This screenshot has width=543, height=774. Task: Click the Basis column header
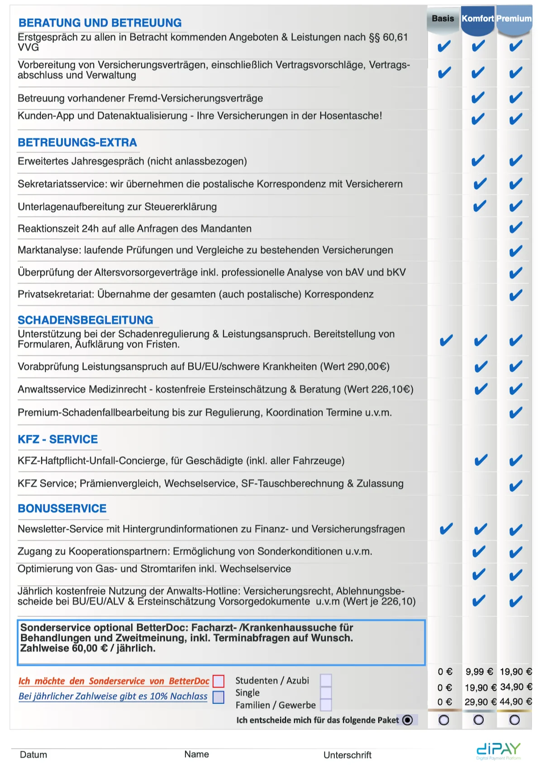443,19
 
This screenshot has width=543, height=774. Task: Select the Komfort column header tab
477,19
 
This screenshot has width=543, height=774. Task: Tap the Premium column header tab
514,19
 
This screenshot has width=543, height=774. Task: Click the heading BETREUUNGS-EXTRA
77,143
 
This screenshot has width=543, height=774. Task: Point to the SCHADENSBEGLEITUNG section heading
86,320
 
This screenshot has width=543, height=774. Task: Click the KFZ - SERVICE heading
58,440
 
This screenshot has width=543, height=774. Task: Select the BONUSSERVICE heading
62,509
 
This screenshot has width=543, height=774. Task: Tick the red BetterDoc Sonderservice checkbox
219,681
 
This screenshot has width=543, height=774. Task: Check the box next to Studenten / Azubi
326,680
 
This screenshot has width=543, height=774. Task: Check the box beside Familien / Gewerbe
326,705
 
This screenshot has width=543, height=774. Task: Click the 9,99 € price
479,672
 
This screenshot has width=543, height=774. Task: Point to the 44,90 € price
515,702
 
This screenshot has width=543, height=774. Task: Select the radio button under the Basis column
444,720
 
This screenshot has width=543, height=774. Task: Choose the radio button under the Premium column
514,720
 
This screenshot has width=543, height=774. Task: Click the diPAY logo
499,750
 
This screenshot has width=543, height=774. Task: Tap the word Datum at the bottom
33,755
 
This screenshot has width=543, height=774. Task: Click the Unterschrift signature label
347,755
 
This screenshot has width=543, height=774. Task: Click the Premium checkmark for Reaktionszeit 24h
515,228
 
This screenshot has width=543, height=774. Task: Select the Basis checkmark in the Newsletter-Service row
446,529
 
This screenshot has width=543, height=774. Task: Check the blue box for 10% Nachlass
219,697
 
